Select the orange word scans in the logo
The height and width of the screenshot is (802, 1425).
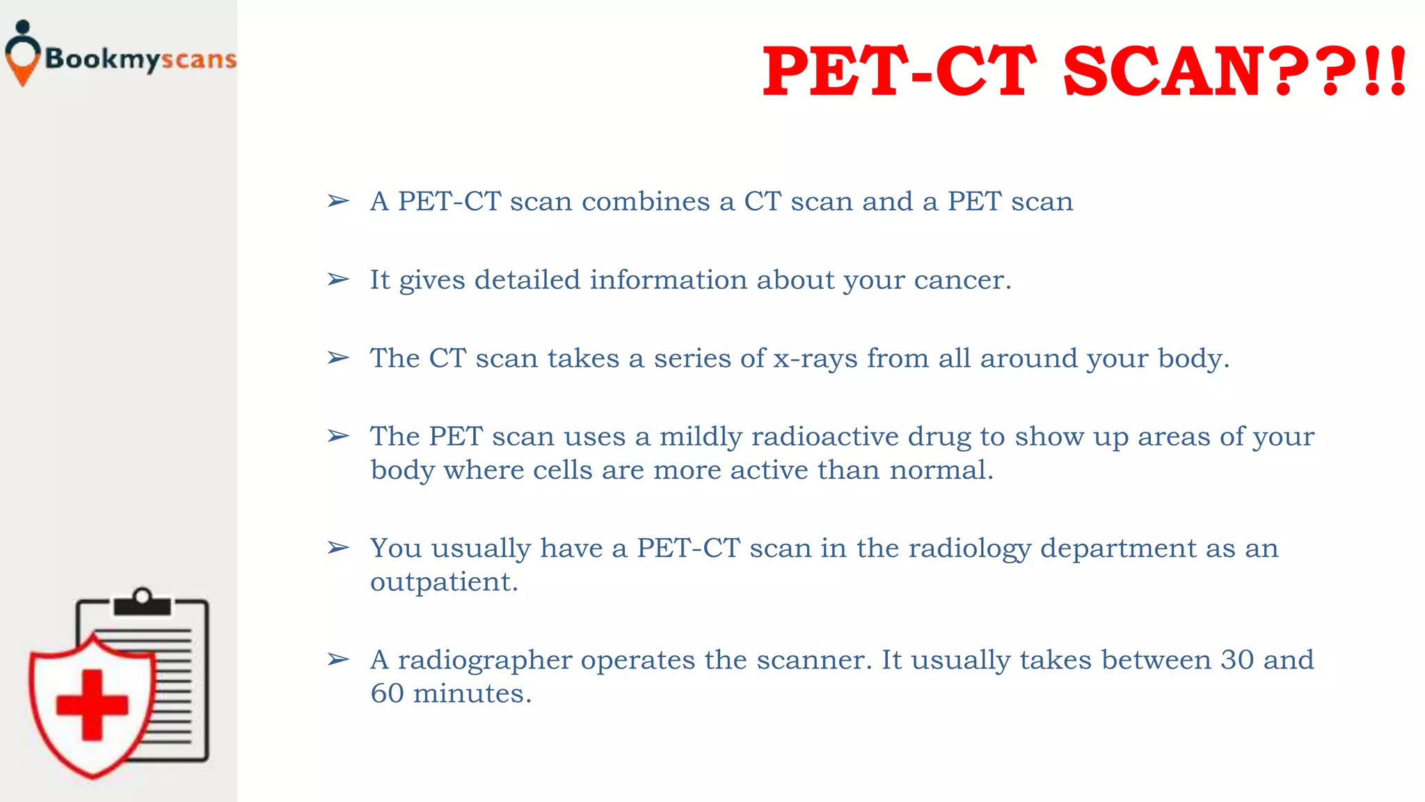click(199, 60)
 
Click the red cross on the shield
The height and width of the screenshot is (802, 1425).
click(92, 705)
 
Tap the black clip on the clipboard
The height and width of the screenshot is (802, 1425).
click(143, 603)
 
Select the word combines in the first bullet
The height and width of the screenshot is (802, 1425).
click(646, 201)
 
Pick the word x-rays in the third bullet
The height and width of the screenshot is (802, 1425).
click(815, 359)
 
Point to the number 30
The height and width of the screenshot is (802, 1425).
click(1237, 660)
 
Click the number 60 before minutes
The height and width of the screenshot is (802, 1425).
click(387, 693)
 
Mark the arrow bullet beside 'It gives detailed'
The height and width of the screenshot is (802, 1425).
click(338, 280)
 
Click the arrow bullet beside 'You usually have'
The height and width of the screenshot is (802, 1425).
click(338, 548)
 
